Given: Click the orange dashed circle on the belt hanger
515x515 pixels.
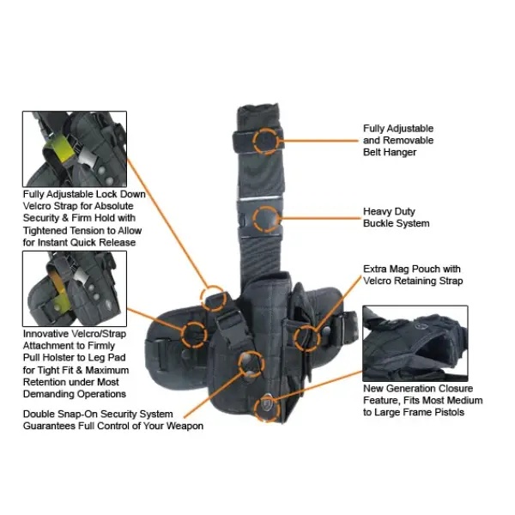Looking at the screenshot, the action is pos(253,141).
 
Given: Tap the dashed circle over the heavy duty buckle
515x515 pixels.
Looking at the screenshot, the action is pos(253,219).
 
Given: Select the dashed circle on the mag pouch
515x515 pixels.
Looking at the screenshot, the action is pos(294,338).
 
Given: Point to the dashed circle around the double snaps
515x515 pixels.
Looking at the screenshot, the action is pos(239,364).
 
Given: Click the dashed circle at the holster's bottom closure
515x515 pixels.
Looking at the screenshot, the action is pos(255,409).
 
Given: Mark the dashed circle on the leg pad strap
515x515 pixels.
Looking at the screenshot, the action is pos(182,335).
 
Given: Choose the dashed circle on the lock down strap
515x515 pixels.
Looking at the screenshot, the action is pos(202,298).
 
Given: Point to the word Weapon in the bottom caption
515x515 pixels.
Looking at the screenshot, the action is pos(185,426).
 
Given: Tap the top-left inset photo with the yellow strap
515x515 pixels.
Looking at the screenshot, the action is pos(75,149).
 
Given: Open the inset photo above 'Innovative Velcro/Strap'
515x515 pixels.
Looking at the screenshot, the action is pos(75,288).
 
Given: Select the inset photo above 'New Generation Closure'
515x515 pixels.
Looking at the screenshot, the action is pos(415,343).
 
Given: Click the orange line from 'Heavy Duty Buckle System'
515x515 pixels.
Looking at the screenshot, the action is pos(320,218).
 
